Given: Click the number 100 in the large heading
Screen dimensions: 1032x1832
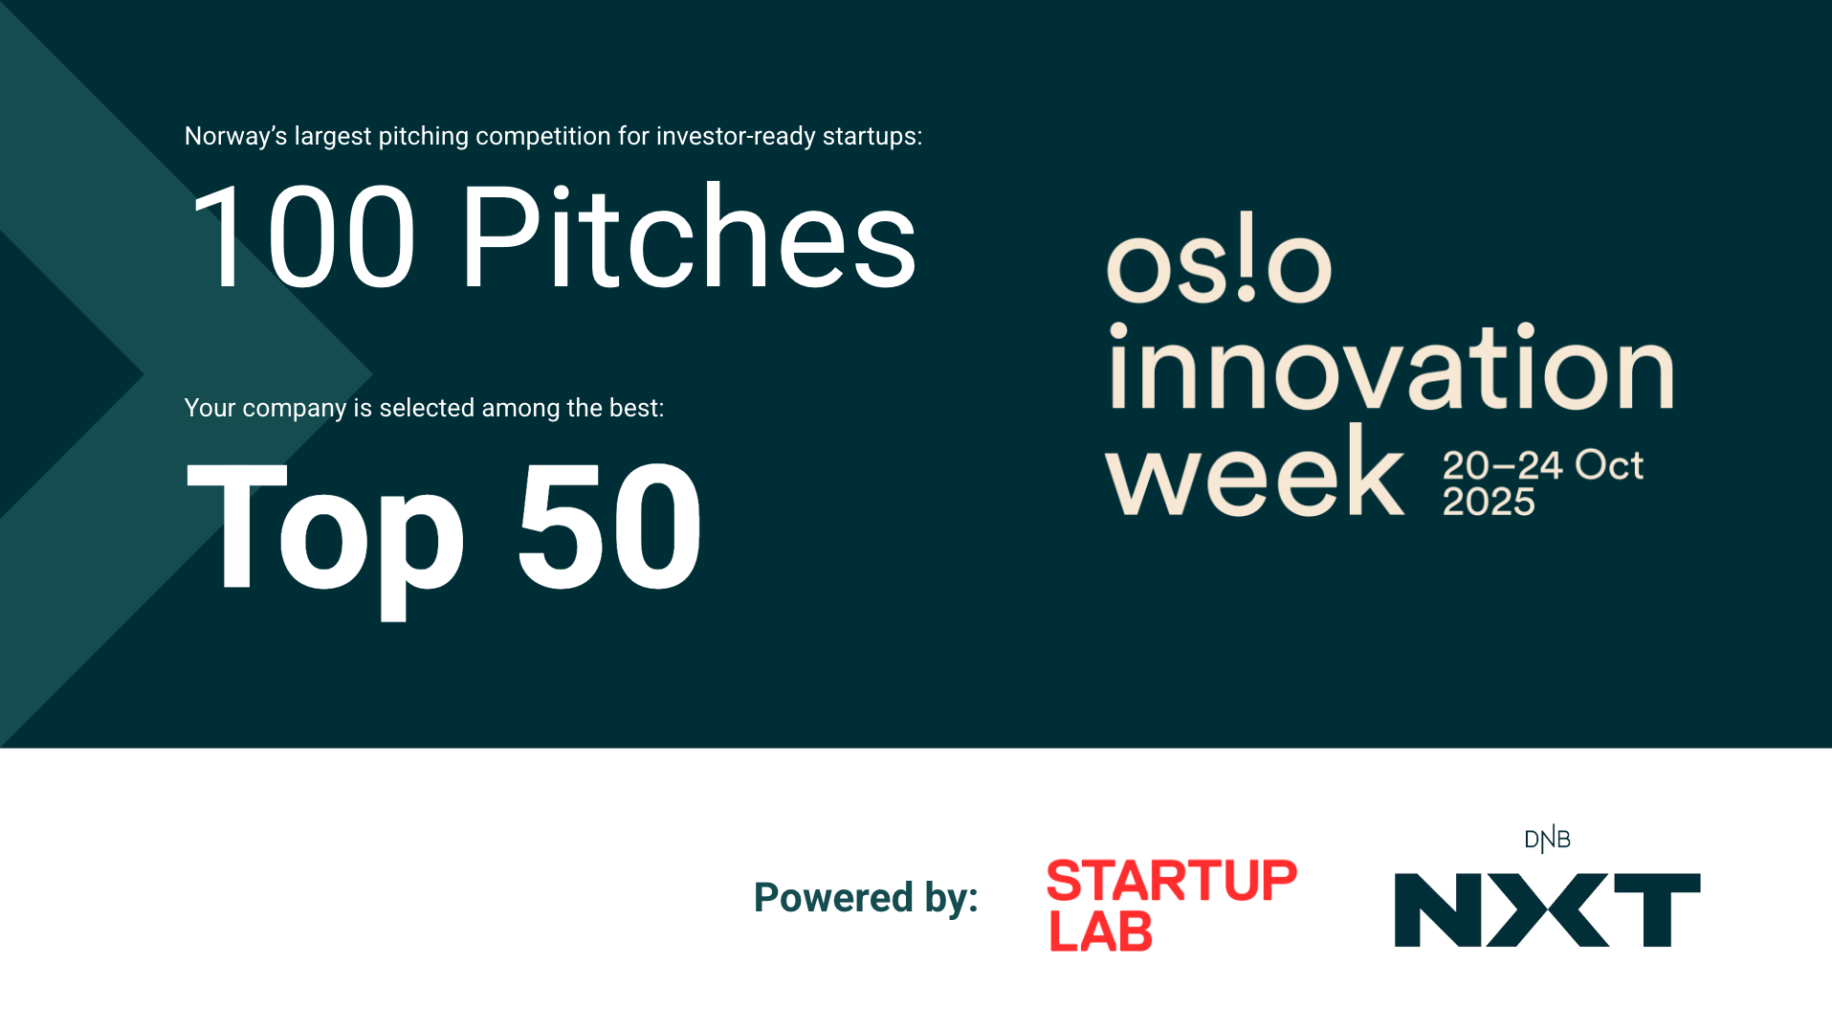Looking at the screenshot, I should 303,237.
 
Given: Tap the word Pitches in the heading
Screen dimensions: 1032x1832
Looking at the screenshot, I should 688,237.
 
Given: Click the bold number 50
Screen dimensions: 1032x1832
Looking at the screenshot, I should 609,527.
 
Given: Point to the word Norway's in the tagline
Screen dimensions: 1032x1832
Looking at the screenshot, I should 235,137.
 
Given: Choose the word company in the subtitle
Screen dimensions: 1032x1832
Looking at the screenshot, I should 294,409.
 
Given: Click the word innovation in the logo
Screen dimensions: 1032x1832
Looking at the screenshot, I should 1390,368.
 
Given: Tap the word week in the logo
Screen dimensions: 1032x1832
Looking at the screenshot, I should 1254,473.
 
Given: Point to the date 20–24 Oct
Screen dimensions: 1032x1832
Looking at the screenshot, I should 1542,465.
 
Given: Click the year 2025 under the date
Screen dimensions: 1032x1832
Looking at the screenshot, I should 1489,502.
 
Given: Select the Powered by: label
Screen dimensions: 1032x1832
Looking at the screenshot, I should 866,898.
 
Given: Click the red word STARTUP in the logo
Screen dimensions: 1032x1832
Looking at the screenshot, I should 1172,881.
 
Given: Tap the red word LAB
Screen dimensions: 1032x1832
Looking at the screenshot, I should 1101,931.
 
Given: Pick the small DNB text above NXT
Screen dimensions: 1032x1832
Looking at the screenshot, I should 1547,840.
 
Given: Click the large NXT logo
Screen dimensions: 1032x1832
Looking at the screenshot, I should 1547,909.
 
